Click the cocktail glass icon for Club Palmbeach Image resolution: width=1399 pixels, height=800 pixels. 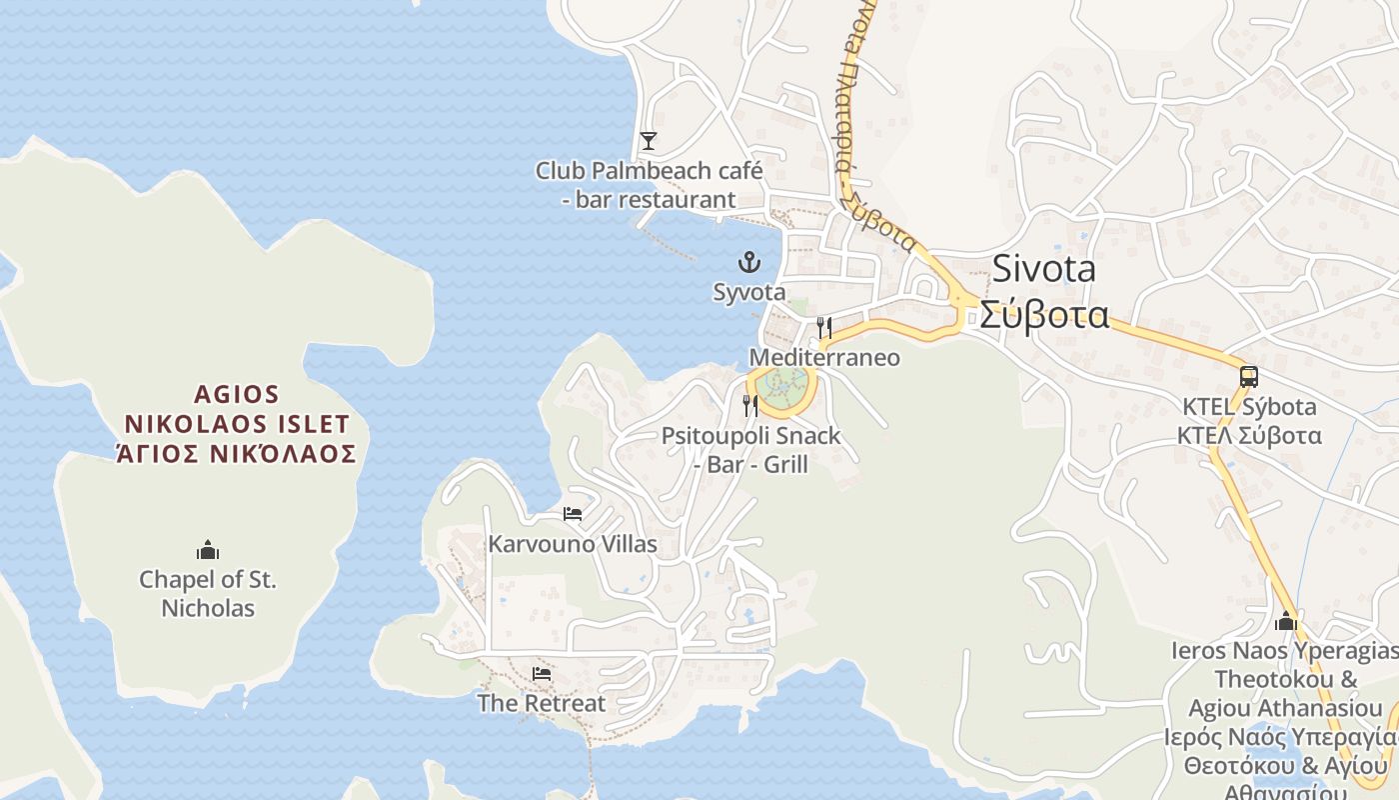(649, 140)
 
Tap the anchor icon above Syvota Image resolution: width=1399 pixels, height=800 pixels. (748, 263)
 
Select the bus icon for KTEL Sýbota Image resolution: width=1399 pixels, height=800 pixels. (1248, 377)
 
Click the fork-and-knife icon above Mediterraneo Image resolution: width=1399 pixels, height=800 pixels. (823, 327)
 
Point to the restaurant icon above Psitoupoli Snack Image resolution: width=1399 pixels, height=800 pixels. (749, 405)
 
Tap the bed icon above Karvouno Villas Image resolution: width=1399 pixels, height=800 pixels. (573, 514)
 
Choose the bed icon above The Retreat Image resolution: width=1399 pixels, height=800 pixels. (542, 674)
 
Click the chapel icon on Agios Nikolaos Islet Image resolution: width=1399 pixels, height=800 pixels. (208, 550)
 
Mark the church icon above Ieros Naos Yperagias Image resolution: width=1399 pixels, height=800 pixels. (1286, 621)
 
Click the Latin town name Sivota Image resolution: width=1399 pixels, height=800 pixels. (1043, 269)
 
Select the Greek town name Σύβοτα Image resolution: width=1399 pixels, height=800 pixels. (1043, 315)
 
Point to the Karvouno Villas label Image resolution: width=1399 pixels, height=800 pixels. (573, 544)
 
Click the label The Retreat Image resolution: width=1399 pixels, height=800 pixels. (541, 703)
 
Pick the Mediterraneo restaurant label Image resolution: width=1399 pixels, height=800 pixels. (824, 357)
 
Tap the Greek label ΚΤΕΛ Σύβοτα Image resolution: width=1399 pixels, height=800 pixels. (1248, 436)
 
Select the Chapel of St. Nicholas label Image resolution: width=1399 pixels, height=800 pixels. (208, 593)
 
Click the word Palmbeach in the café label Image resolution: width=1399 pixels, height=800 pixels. (667, 171)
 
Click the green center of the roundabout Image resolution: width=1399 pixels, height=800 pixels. (782, 383)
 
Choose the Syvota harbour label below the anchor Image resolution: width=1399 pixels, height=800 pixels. (748, 292)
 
